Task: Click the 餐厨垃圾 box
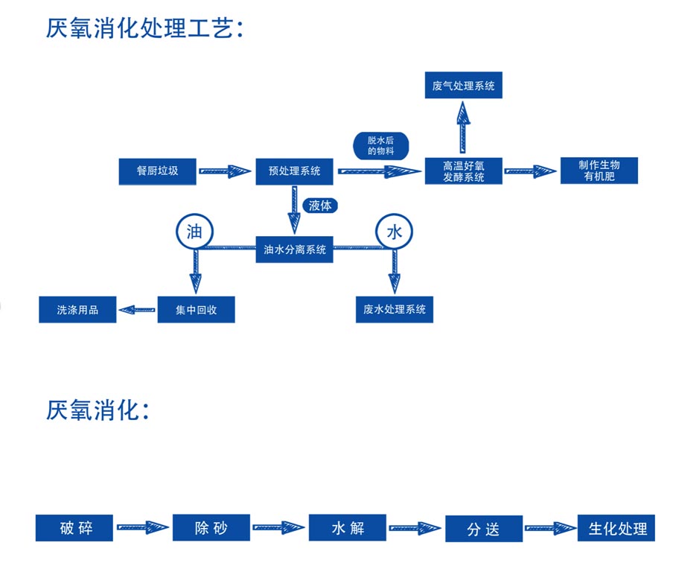pos(157,171)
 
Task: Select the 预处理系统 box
pos(294,171)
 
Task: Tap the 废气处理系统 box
pos(464,85)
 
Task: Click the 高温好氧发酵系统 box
pos(464,171)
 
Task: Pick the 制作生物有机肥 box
pos(599,171)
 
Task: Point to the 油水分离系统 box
pos(295,249)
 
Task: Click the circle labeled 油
pos(195,232)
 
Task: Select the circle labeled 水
pos(394,232)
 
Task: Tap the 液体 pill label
pos(320,206)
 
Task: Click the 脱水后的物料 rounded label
pos(380,146)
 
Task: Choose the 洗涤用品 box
pos(77,309)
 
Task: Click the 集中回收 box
pos(196,309)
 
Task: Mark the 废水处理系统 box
pos(395,309)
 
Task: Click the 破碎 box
pos(74,527)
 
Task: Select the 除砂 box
pos(211,527)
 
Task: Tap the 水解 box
pos(348,527)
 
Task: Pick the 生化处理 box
pos(616,528)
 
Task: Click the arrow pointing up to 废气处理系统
pos(463,127)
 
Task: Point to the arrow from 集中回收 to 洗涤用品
pos(137,309)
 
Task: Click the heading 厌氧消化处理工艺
pos(145,28)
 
